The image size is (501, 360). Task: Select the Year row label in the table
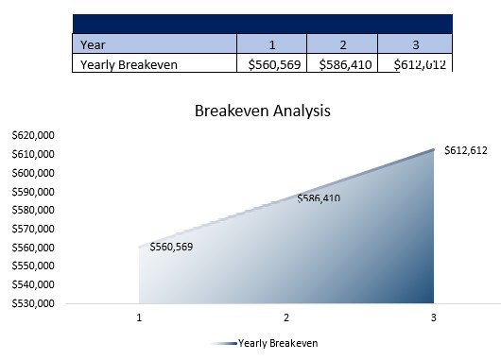[93, 43]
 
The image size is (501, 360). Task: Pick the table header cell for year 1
[270, 43]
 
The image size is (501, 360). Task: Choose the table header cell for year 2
[342, 43]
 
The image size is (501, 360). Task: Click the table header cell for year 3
[414, 43]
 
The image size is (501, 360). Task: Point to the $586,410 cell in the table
[342, 64]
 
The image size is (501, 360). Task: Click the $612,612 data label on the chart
[465, 151]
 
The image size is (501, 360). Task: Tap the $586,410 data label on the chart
[319, 198]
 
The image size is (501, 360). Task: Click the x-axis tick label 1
[140, 318]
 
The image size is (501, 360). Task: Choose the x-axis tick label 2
[286, 318]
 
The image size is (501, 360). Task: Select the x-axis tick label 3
[433, 318]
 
